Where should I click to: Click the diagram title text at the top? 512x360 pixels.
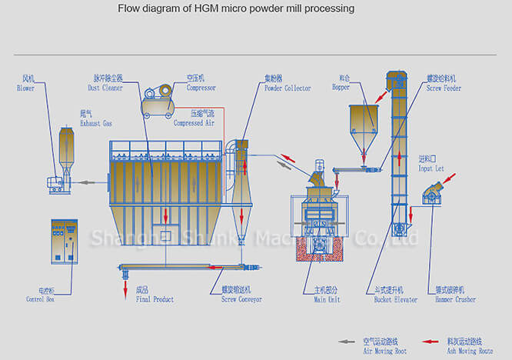(236, 9)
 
